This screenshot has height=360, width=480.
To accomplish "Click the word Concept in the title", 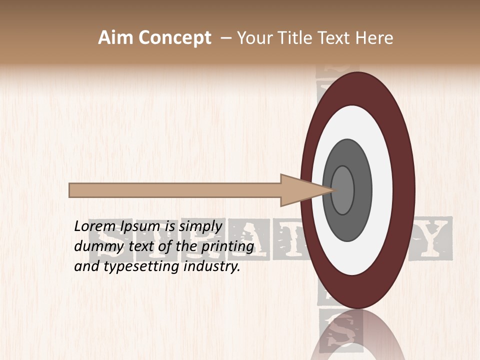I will click(x=174, y=38).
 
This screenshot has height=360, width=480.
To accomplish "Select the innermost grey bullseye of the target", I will click(x=342, y=190).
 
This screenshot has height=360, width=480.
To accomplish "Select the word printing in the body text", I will click(x=227, y=246).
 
